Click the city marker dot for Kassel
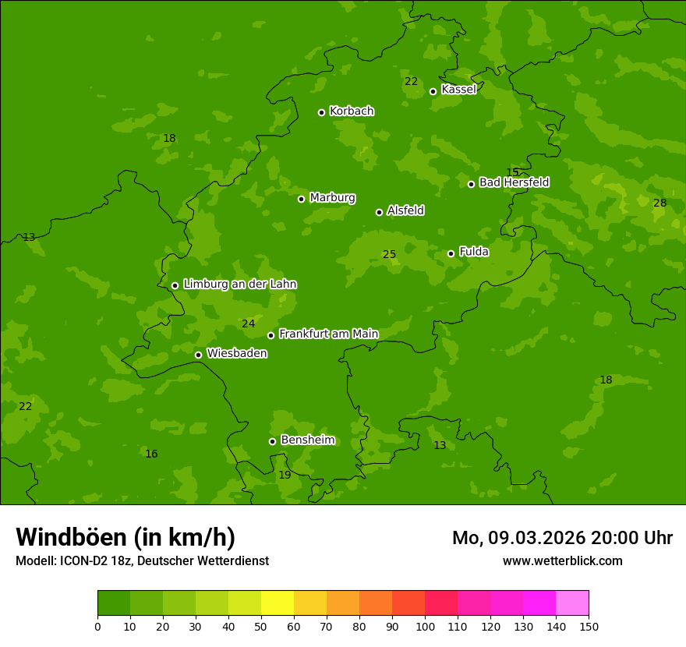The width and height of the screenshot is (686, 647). [x=433, y=91]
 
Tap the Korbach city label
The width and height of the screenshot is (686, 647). [x=352, y=111]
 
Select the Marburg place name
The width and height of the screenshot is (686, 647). [x=332, y=198]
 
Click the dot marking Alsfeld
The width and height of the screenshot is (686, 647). [x=379, y=212]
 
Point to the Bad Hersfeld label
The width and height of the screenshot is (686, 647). [x=514, y=182]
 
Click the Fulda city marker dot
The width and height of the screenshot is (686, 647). [x=451, y=253]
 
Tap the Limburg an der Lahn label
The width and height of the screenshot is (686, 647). [x=239, y=285]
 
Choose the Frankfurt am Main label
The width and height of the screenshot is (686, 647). [x=328, y=334]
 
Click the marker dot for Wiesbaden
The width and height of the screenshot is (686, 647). [x=198, y=355]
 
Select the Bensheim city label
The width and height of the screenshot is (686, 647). [x=307, y=440]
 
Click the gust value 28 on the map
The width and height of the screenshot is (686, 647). [x=659, y=203]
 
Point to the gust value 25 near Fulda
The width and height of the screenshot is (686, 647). [x=389, y=255]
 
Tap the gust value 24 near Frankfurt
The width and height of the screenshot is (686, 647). [x=248, y=324]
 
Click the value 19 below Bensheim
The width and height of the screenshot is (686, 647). [x=285, y=476]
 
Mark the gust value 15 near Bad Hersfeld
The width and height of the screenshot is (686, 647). [x=512, y=172]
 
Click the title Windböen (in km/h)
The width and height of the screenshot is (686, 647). [x=126, y=537]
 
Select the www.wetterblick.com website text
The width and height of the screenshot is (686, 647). [x=562, y=561]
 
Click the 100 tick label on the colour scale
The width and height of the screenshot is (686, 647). [x=425, y=626]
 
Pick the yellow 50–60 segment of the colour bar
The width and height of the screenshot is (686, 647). [x=278, y=603]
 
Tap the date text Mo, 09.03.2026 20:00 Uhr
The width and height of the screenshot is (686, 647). [x=562, y=538]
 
